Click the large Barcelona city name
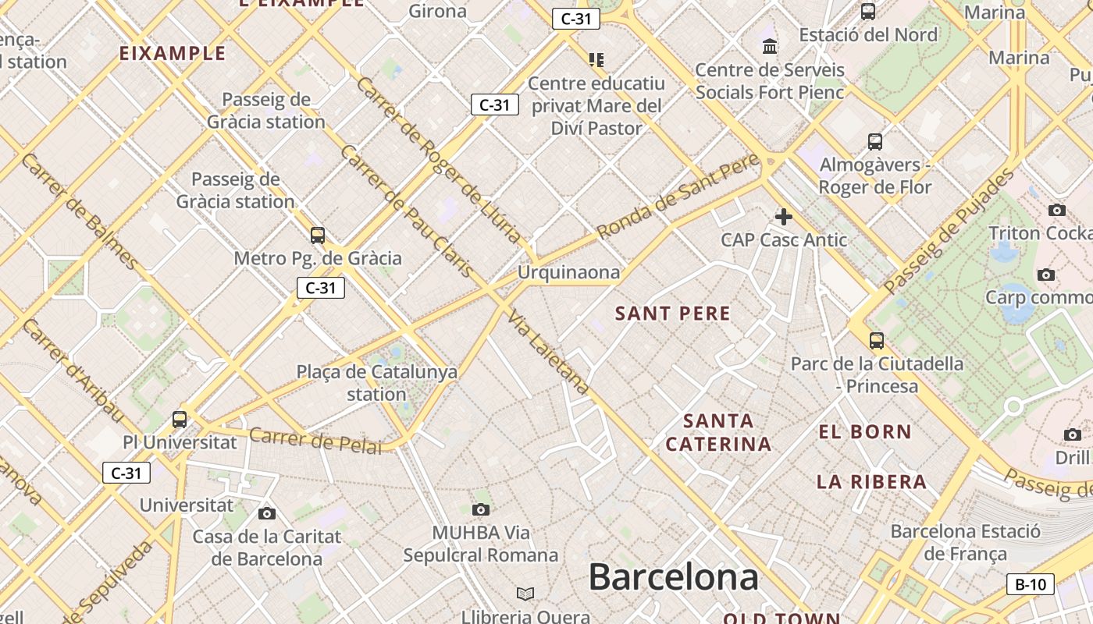[x=673, y=578]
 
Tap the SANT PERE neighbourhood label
[x=673, y=314]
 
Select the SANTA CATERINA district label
[x=718, y=433]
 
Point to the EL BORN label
[x=865, y=431]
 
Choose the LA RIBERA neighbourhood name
[x=872, y=482]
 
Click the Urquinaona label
[x=569, y=272]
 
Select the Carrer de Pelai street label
[x=316, y=441]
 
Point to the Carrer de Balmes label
[x=79, y=211]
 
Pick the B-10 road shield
[x=1030, y=583]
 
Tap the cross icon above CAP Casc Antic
[x=784, y=217]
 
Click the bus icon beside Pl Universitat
[x=180, y=420]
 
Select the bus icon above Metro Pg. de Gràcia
[x=318, y=235]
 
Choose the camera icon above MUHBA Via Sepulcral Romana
[x=481, y=509]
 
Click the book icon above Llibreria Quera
[x=525, y=594]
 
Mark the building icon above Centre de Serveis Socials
[x=771, y=46]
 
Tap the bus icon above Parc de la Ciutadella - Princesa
[x=877, y=341]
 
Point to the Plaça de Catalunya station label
[x=377, y=382]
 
